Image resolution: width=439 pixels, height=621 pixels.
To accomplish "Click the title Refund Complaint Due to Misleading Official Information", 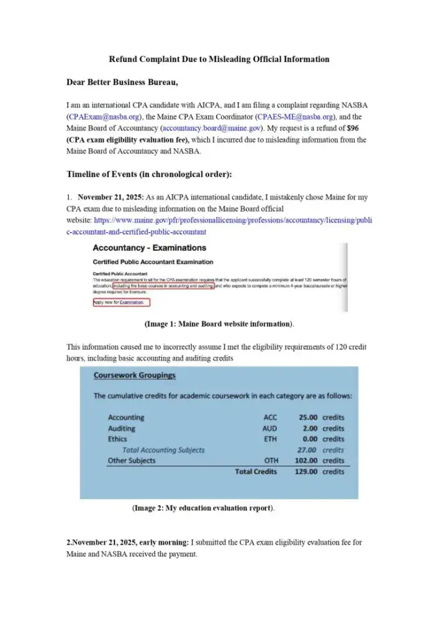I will click(219, 60).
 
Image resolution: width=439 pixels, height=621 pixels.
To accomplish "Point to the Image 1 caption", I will click(219, 324).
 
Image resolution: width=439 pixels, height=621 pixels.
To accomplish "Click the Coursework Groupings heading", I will click(134, 375).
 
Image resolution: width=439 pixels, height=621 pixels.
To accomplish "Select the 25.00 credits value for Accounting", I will click(308, 418).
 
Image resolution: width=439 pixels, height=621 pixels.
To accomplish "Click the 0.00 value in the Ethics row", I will click(310, 439).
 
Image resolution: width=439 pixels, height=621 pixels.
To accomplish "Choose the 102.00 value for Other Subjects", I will click(307, 461).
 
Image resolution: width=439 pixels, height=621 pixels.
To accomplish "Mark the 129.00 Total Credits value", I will click(307, 472).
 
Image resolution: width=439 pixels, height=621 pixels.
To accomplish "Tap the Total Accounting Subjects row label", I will click(163, 450).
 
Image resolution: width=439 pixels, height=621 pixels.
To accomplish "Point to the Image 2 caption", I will click(203, 509).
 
